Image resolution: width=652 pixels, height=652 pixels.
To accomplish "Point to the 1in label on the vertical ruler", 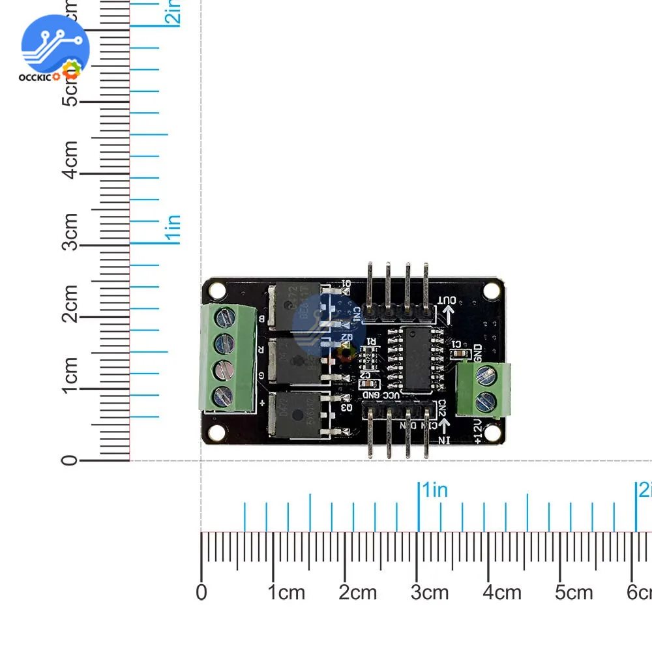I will [173, 230].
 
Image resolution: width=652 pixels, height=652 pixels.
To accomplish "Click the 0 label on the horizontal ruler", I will [201, 592].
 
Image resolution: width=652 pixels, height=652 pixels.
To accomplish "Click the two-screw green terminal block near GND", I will [484, 389].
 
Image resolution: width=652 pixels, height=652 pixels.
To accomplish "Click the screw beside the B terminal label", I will [225, 318].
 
